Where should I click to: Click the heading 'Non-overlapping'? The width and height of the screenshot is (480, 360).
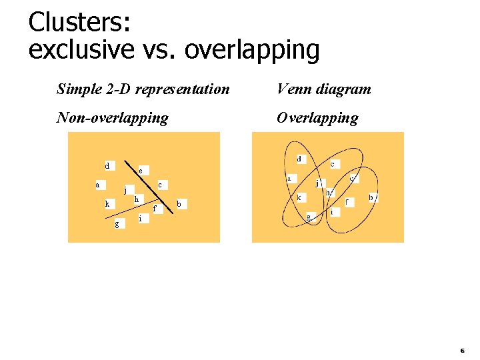tap(113, 118)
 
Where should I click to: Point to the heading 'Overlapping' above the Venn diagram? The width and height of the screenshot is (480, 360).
tap(317, 118)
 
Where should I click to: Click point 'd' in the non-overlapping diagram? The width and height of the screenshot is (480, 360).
tap(107, 165)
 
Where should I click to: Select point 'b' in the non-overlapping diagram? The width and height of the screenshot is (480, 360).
tap(179, 203)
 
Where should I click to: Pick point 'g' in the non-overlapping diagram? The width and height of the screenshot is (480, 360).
tap(117, 223)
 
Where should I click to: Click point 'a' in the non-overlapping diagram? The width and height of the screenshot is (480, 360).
tap(98, 185)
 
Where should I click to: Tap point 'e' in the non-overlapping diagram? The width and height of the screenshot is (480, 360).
tap(140, 170)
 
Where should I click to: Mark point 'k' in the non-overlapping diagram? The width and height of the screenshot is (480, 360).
tap(107, 203)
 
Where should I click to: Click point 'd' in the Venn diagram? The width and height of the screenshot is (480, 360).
tap(299, 159)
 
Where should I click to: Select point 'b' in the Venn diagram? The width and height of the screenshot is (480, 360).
tap(371, 197)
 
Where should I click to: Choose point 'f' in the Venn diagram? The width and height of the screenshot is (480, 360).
tap(347, 201)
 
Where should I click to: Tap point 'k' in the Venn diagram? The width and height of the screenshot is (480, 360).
tap(300, 197)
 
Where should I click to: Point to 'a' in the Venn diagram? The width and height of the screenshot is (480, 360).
tap(289, 179)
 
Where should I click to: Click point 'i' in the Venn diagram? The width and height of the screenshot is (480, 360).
tap(332, 212)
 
